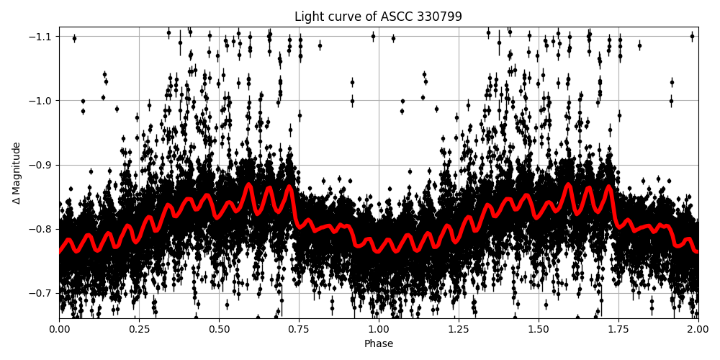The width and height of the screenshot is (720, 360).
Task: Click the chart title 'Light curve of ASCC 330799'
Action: click(378, 17)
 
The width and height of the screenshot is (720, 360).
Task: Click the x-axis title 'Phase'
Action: click(378, 344)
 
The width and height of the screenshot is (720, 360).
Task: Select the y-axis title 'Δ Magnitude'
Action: click(16, 173)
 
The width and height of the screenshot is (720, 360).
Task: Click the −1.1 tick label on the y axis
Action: click(42, 37)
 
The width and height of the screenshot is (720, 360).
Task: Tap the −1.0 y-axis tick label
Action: click(42, 101)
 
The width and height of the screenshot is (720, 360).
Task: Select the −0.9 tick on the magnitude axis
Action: click(42, 165)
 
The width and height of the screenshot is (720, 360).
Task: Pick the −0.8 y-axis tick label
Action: click(42, 229)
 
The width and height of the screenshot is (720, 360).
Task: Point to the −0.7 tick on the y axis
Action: click(42, 293)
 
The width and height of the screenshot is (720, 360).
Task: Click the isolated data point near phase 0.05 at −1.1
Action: click(74, 38)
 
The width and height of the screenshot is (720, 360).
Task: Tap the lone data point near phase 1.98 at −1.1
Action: click(692, 36)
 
